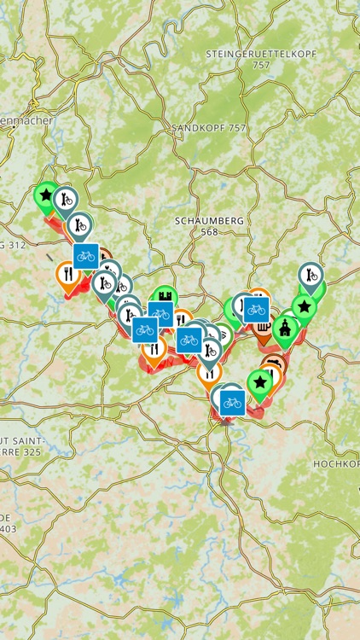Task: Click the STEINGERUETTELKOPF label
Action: pyautogui.click(x=261, y=53)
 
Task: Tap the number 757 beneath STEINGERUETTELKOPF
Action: pyautogui.click(x=261, y=65)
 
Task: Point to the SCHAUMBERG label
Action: pyautogui.click(x=210, y=220)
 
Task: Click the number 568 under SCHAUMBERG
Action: pyautogui.click(x=210, y=231)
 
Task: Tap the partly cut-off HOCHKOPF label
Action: pyautogui.click(x=338, y=463)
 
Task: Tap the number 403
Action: pyautogui.click(x=8, y=529)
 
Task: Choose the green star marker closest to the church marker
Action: pyautogui.click(x=304, y=306)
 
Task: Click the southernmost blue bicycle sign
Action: pyautogui.click(x=231, y=402)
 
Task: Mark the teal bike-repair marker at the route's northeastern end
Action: pyautogui.click(x=311, y=276)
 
